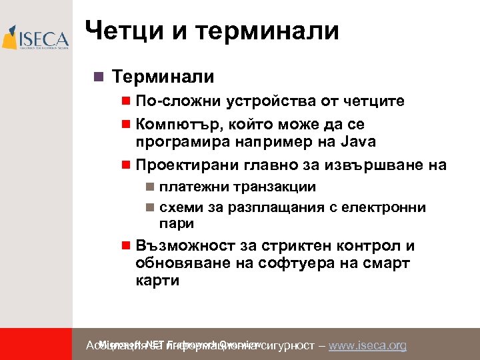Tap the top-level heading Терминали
(163, 77)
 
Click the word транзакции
(273, 187)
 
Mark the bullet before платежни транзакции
(150, 187)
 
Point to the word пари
(177, 223)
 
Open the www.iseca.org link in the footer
(367, 345)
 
